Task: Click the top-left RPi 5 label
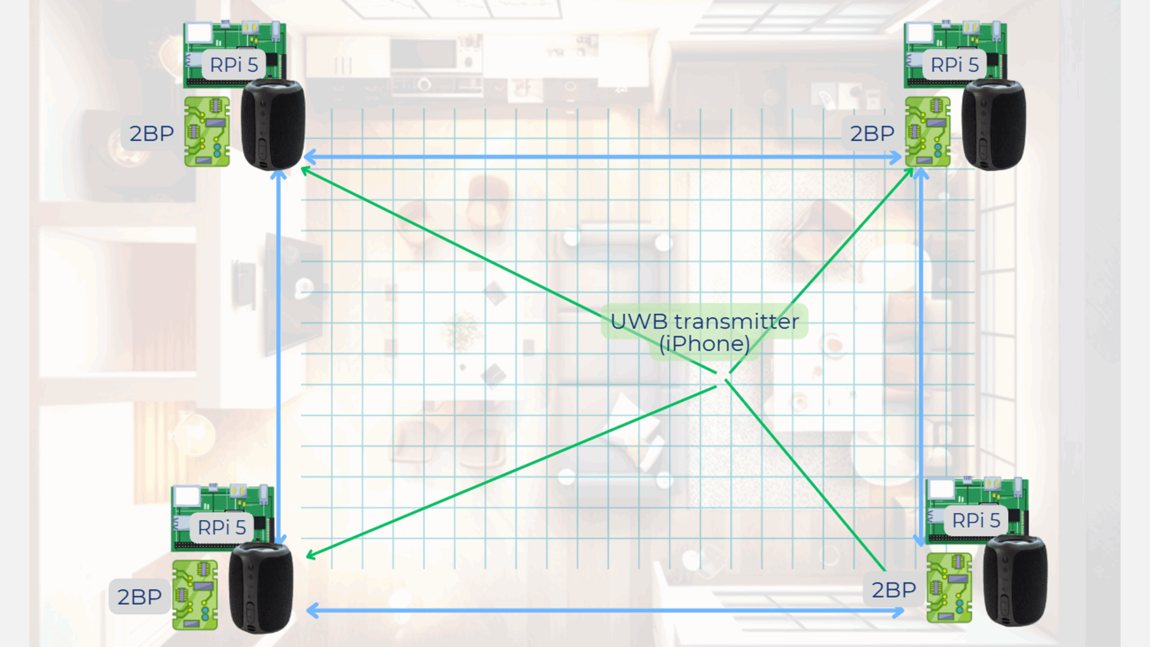coord(234,65)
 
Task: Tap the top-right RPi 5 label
coord(955,65)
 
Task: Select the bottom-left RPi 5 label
coord(222,527)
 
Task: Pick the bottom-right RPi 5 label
coord(976,520)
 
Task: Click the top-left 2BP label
coord(152,133)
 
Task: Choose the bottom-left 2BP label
coord(140,597)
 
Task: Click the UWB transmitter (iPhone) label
coord(705,332)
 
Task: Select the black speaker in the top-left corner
coord(273,124)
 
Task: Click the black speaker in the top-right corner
coord(994,124)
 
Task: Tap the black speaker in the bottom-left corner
coord(261,588)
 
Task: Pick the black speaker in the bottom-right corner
coord(1015,581)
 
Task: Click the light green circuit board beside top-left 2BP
coord(207,132)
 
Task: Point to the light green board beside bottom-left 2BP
coord(195,595)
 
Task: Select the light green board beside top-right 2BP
coord(928,132)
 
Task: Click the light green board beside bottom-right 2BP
coord(949,588)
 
